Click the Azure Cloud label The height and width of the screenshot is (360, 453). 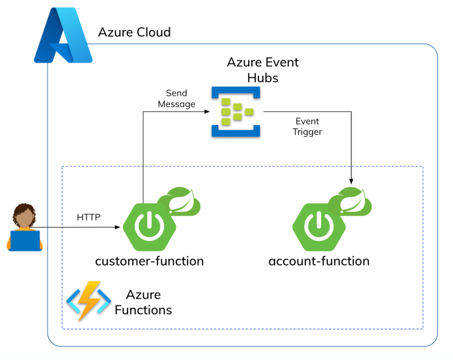click(x=134, y=32)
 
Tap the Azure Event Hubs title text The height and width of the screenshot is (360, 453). click(x=262, y=70)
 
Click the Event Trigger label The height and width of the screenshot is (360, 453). click(x=308, y=126)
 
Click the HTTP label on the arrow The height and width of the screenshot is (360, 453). click(x=89, y=217)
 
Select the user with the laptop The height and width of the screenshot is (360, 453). click(x=25, y=228)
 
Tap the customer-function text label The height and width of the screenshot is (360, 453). click(x=150, y=262)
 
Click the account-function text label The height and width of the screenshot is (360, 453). click(x=319, y=262)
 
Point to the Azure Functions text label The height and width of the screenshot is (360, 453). click(x=143, y=303)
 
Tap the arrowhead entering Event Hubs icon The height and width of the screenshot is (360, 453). click(x=206, y=112)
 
